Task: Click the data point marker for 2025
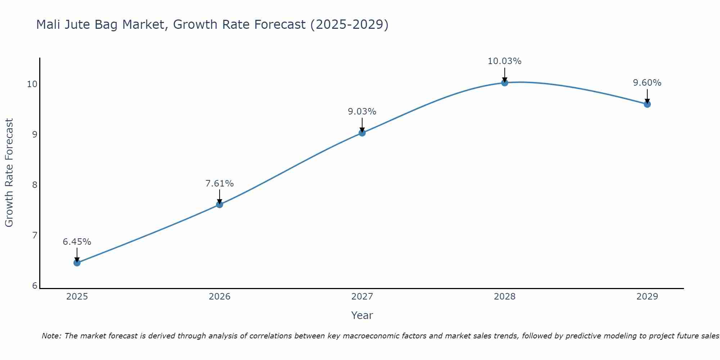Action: (x=77, y=263)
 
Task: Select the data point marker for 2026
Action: (x=220, y=204)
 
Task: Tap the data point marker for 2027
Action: (x=362, y=133)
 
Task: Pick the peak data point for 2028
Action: (x=505, y=83)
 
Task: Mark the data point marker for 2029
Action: (x=647, y=104)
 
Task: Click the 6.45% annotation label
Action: (x=77, y=242)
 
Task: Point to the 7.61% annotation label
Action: (x=220, y=184)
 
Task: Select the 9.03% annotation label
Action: (x=362, y=112)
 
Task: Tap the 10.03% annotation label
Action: (x=505, y=61)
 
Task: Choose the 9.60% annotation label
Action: (x=647, y=83)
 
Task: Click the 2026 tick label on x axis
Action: (x=220, y=297)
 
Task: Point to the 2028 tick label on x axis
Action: (x=505, y=297)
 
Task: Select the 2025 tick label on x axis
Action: (x=77, y=297)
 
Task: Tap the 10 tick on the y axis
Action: (x=32, y=84)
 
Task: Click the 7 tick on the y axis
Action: (x=35, y=235)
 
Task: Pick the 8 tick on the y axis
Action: (x=35, y=185)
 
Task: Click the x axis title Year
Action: (x=362, y=315)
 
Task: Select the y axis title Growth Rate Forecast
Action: (x=9, y=173)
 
